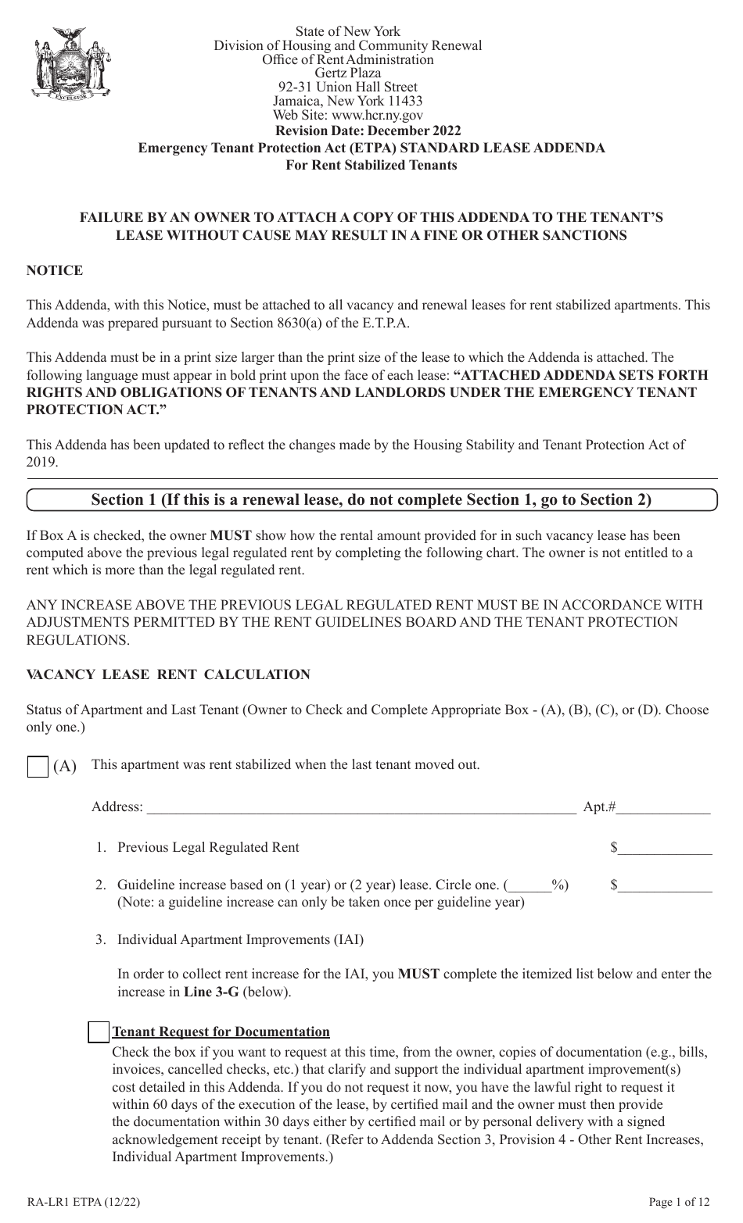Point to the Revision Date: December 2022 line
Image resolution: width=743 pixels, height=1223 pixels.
click(368, 131)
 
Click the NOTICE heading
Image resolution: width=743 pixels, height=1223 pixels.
click(55, 270)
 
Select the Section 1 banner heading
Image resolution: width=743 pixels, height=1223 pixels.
click(371, 499)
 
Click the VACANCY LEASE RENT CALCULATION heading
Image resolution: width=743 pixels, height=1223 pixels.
click(168, 674)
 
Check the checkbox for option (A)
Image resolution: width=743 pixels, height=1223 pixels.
click(38, 767)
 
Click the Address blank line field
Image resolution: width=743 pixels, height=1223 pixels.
click(361, 807)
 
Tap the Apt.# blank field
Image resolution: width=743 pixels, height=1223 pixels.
click(664, 807)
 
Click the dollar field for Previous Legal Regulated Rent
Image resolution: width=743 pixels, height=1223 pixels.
click(666, 848)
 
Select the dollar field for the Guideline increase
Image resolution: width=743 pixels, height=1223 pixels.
click(666, 885)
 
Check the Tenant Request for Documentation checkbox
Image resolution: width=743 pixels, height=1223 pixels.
click(99, 1032)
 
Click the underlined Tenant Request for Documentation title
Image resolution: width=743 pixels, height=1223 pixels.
click(221, 1032)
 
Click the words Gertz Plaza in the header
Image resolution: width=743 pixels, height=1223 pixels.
click(348, 73)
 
